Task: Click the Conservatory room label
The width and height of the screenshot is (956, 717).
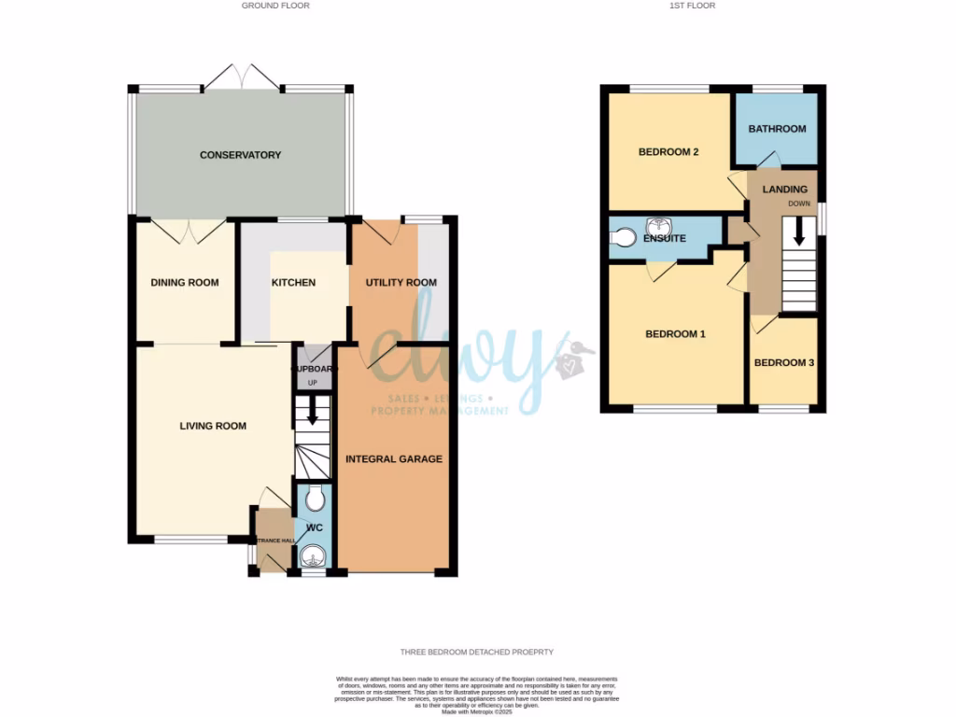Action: [x=240, y=155]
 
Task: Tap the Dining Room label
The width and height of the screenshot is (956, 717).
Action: [x=185, y=283]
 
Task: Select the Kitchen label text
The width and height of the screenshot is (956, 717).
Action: [x=293, y=283]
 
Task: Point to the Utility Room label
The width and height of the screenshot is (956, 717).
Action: [x=401, y=283]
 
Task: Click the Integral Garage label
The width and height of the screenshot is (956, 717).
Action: [x=394, y=459]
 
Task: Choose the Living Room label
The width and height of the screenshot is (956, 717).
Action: [x=213, y=427]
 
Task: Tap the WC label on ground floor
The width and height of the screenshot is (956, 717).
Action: [x=315, y=527]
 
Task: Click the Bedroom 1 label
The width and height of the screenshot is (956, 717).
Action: [x=676, y=334]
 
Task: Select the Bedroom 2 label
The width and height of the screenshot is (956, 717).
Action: [x=668, y=152]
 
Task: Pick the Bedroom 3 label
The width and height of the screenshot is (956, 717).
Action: [x=784, y=363]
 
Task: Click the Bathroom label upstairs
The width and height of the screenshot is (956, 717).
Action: [x=777, y=129]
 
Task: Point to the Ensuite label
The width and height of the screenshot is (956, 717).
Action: [x=665, y=239]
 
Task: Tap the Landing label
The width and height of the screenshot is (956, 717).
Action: [x=784, y=190]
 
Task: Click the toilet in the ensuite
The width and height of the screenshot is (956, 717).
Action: [x=621, y=238]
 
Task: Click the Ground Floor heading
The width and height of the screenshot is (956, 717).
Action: [x=275, y=6]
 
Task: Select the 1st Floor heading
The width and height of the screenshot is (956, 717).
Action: [x=693, y=6]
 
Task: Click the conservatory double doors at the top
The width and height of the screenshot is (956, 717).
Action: [x=242, y=78]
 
